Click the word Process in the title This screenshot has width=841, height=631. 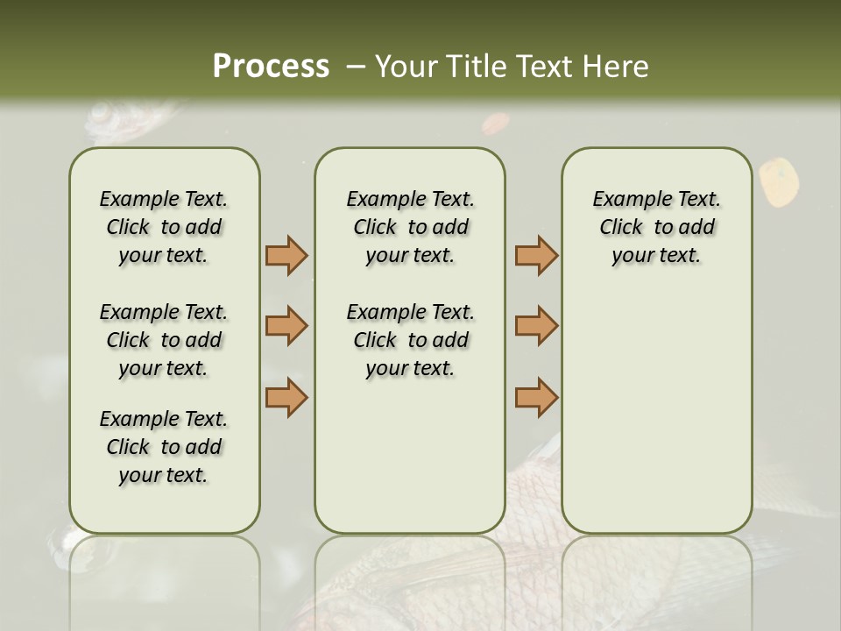[x=271, y=66]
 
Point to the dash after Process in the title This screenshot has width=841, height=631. [x=356, y=67]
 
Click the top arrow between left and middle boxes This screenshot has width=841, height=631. [x=286, y=256]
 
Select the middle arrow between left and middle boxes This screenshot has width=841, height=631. [x=286, y=326]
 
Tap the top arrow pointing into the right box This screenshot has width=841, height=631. [x=536, y=256]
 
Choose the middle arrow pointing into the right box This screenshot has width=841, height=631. [x=536, y=326]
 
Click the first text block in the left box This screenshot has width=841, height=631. [x=164, y=227]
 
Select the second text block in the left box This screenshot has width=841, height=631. [x=164, y=340]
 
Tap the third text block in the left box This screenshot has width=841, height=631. [x=164, y=447]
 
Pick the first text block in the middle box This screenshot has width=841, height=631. [x=410, y=227]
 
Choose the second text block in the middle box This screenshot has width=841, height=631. [x=410, y=340]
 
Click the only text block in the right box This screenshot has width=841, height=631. [x=656, y=227]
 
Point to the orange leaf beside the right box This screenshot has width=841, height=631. [x=779, y=182]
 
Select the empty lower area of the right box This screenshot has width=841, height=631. [x=656, y=412]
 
